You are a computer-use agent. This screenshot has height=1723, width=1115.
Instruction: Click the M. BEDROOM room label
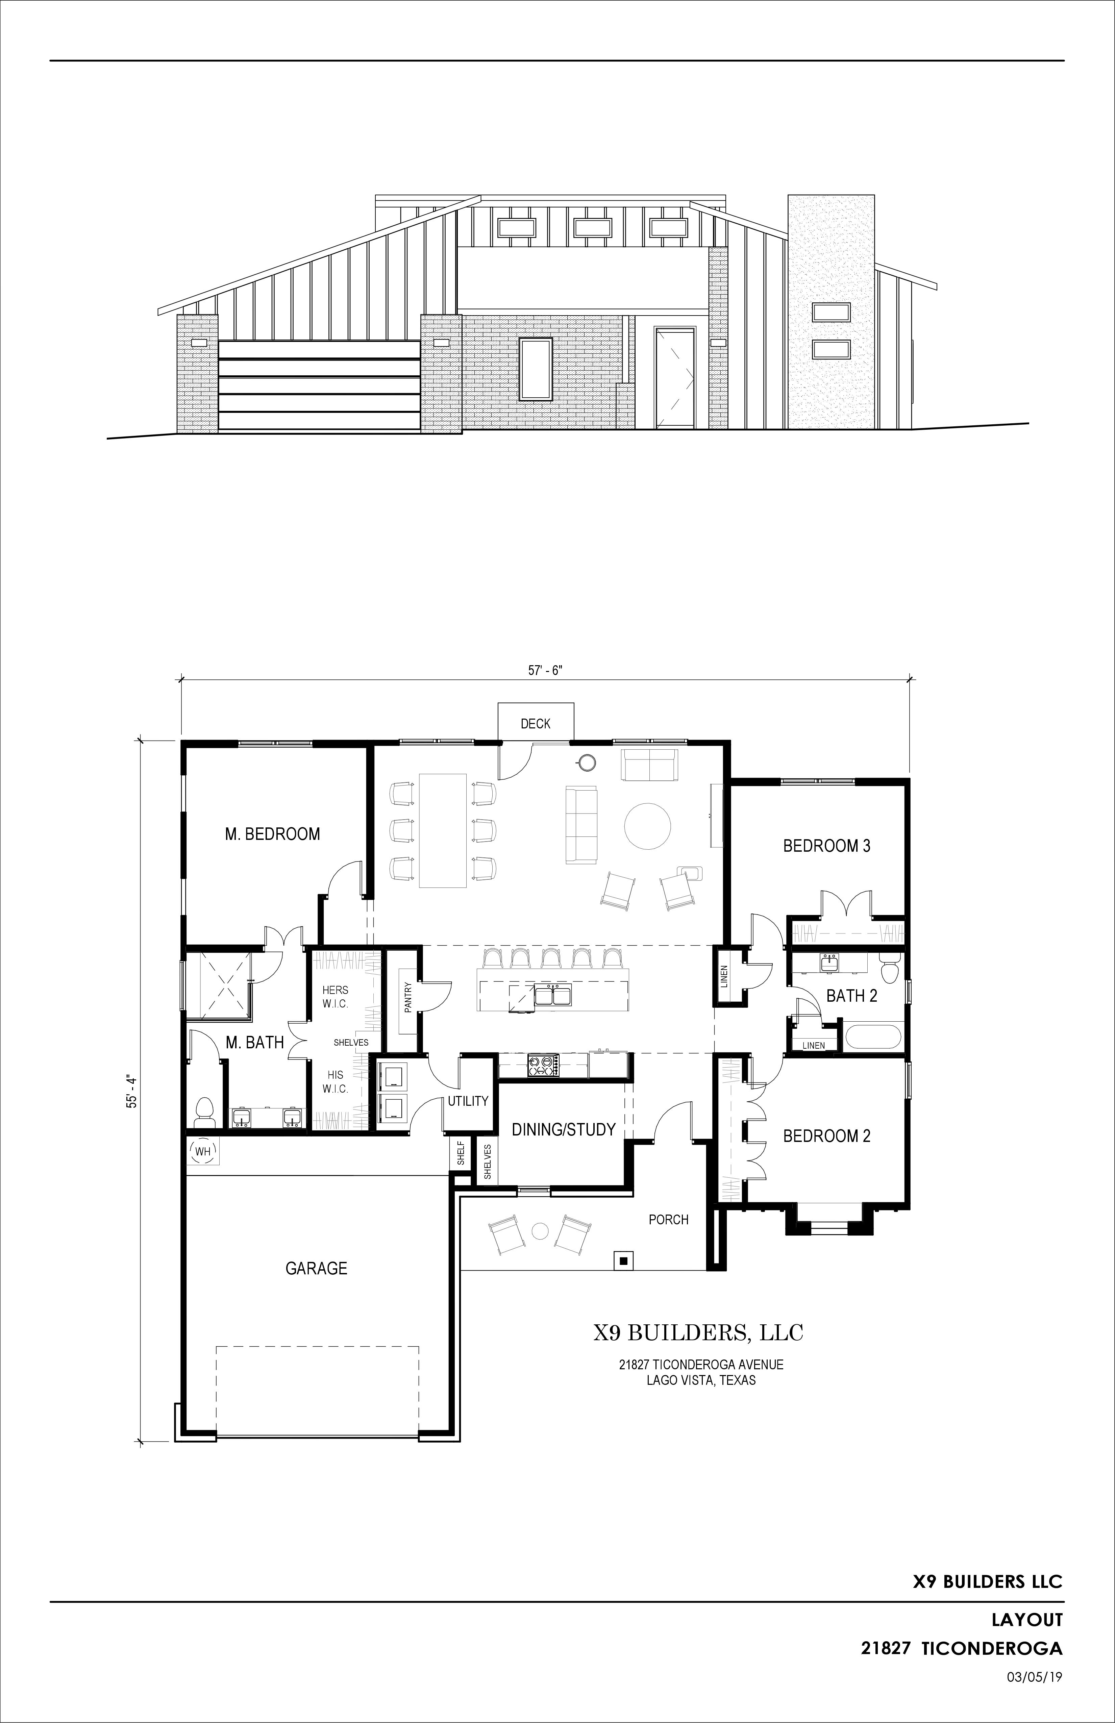tap(272, 834)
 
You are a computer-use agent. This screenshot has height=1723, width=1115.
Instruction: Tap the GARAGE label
tap(316, 1268)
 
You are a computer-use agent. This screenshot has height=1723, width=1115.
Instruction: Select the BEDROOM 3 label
tap(827, 846)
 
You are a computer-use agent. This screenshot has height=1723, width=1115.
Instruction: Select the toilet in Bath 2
tap(890, 967)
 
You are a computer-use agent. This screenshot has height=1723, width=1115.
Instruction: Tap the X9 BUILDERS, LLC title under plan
tap(699, 1332)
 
